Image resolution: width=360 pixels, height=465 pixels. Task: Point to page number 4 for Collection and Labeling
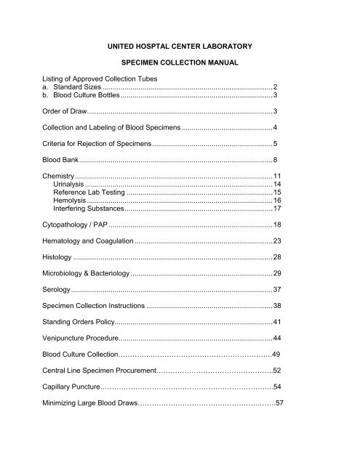[275, 127]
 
